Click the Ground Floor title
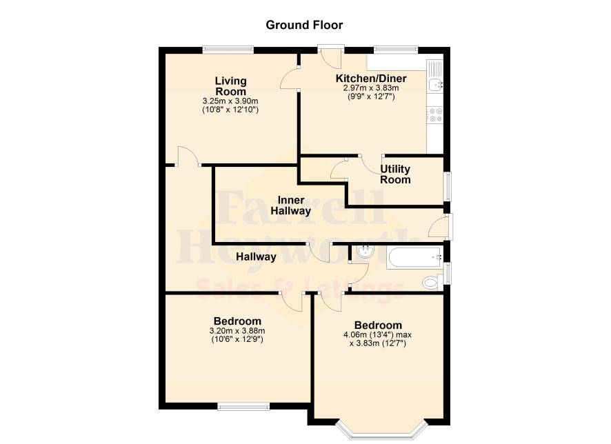click(x=304, y=25)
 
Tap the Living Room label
click(x=231, y=86)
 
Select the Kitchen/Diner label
click(x=371, y=79)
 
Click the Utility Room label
click(x=395, y=174)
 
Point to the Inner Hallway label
click(x=291, y=205)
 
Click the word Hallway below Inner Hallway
click(x=256, y=256)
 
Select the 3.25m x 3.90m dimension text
click(x=230, y=101)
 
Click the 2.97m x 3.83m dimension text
click(x=371, y=88)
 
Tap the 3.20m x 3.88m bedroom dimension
click(x=237, y=331)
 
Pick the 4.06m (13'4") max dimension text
click(x=377, y=334)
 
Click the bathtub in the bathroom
click(x=414, y=257)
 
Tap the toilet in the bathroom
click(x=432, y=282)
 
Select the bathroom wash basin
click(x=365, y=251)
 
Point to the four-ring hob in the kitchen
click(x=435, y=115)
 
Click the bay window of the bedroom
click(x=381, y=432)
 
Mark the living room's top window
click(x=228, y=50)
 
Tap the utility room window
click(x=448, y=187)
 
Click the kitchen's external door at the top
click(x=331, y=49)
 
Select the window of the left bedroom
click(x=243, y=407)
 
